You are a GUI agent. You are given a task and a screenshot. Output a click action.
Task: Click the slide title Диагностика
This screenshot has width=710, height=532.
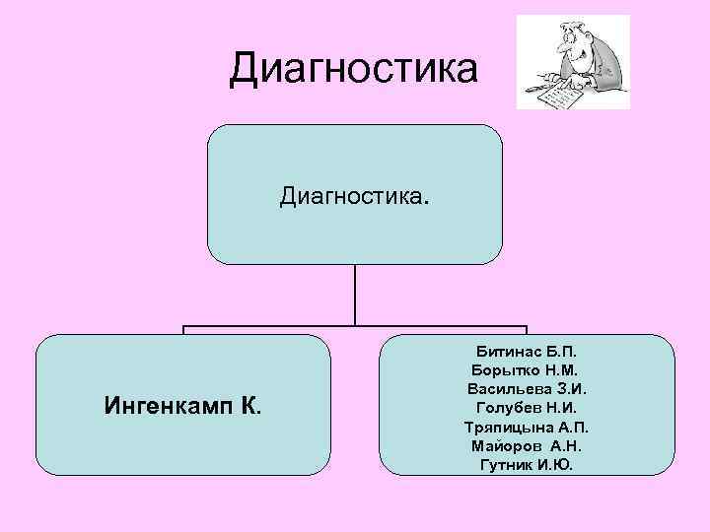(x=354, y=69)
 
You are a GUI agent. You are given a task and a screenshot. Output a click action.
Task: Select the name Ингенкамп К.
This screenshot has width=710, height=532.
(x=183, y=405)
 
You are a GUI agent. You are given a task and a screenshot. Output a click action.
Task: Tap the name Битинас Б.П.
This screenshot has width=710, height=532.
(x=531, y=351)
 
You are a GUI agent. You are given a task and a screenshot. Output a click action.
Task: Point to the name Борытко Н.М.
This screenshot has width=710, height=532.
(x=531, y=369)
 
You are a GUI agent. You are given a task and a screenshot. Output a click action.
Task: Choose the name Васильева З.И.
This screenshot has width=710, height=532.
(x=531, y=388)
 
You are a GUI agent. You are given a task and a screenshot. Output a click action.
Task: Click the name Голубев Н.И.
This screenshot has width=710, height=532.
(x=531, y=407)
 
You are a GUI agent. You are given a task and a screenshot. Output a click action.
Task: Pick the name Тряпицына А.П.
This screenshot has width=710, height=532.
(x=531, y=427)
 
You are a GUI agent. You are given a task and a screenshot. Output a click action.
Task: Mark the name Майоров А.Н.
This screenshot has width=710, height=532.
(x=531, y=445)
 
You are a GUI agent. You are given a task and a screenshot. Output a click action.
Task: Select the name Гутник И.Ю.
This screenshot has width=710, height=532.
(x=531, y=464)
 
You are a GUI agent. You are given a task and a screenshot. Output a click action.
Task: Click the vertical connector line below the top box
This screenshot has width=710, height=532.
(x=355, y=296)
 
